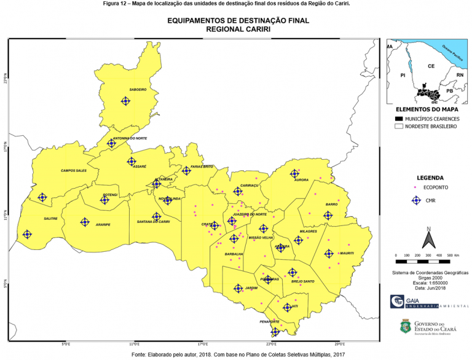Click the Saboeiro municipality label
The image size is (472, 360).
(138, 90)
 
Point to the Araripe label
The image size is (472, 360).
(103, 225)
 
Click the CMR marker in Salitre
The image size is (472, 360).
(27, 234)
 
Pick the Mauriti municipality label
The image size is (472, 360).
(346, 253)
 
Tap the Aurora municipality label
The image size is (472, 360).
(301, 180)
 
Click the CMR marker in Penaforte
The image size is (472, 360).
(275, 332)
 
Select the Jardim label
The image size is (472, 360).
(251, 288)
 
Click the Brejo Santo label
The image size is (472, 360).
(303, 281)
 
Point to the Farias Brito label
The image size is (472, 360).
(202, 166)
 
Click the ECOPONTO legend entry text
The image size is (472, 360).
(436, 186)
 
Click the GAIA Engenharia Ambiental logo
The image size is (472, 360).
(425, 302)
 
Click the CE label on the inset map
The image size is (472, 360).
(431, 65)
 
